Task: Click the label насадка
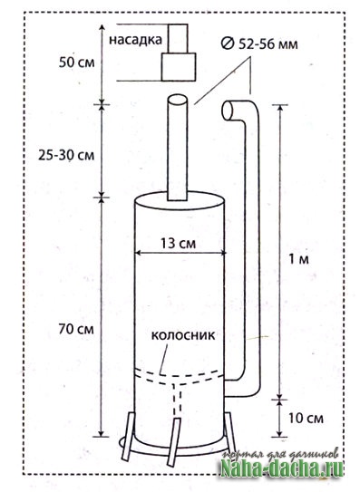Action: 136,40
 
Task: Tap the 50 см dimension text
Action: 77,63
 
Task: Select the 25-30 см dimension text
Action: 66,155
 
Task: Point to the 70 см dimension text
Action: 76,329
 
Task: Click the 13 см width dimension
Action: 178,243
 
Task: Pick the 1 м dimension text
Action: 298,259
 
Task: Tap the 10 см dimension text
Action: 306,419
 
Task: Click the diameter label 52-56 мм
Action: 268,44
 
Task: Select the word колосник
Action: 183,335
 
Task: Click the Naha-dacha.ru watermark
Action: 282,469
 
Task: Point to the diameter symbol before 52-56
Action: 227,43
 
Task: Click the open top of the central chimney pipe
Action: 178,101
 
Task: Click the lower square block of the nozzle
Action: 179,66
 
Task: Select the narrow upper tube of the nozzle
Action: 178,38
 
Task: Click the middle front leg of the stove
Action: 174,442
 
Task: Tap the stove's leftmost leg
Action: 129,437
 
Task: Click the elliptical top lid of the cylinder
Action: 180,199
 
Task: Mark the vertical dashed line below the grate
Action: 178,400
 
